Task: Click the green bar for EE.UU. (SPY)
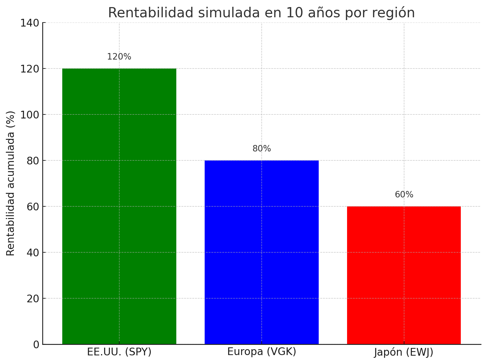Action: click(119, 206)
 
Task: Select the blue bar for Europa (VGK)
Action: click(261, 252)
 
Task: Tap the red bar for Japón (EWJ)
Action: click(404, 275)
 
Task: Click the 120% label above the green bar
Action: click(119, 57)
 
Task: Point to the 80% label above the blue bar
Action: click(262, 149)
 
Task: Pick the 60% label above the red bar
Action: click(404, 195)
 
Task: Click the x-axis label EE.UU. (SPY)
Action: click(119, 352)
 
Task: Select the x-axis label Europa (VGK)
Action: click(262, 352)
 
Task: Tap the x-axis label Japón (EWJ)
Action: click(404, 352)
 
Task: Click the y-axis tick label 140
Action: click(30, 23)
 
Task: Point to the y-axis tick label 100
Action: click(30, 115)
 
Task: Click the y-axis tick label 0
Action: click(36, 345)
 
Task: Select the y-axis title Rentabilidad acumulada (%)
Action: click(10, 183)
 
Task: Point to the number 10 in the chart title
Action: click(293, 13)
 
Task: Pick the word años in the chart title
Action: click(321, 13)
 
